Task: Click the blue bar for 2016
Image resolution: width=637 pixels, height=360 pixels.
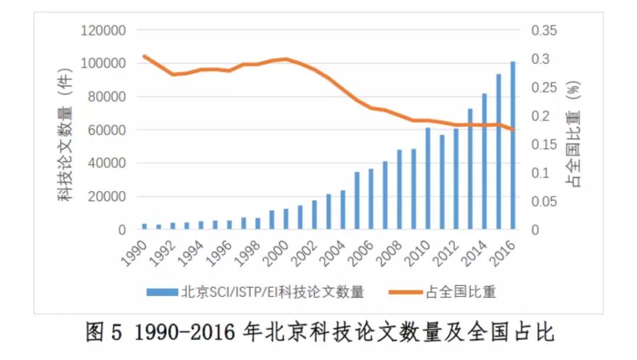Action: [513, 145]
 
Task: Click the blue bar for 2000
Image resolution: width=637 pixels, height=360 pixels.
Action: [286, 218]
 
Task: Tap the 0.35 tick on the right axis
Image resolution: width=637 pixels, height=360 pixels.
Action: [544, 30]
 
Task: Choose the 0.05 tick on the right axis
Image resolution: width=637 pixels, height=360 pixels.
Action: [544, 202]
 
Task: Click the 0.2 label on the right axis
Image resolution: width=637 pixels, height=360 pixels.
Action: [540, 116]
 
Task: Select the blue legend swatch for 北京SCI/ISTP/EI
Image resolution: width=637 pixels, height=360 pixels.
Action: [162, 292]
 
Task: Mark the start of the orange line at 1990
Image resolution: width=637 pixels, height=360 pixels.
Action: [145, 56]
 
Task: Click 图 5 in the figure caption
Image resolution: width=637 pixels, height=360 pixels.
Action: [104, 332]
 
